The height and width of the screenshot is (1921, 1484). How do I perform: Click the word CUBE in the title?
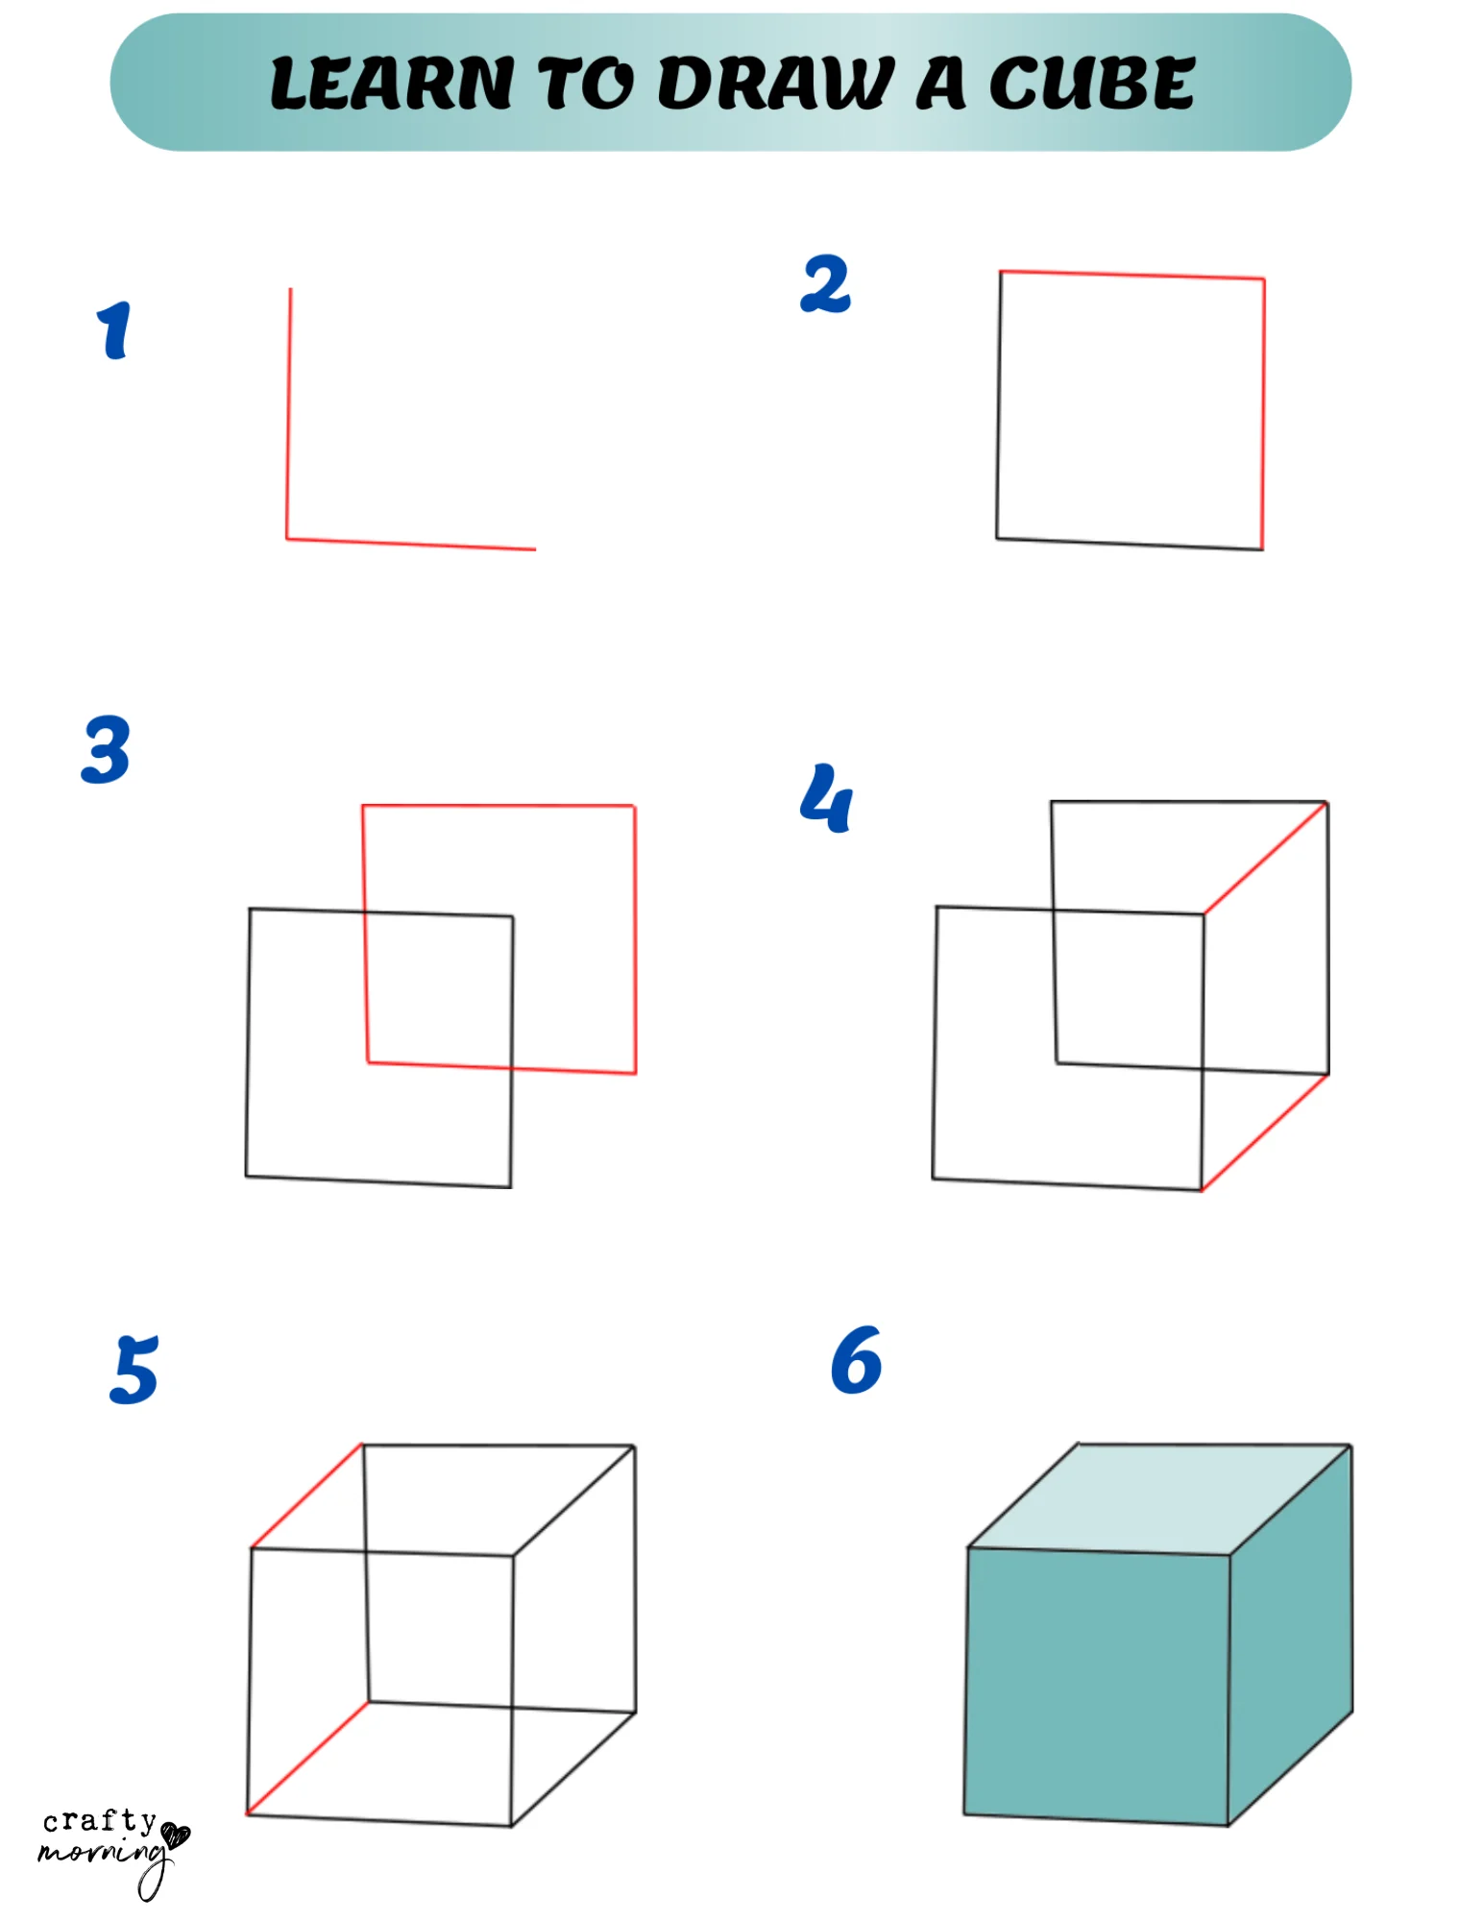pos(1092,84)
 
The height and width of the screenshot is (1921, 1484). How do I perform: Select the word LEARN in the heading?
pos(392,84)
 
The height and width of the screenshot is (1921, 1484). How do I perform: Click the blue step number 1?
pos(114,330)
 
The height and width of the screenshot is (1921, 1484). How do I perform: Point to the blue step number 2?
pos(825,284)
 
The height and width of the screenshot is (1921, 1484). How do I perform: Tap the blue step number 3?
pos(106,749)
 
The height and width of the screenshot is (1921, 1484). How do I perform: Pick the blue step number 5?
pos(134,1370)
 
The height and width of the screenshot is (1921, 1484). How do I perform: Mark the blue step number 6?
pos(856,1360)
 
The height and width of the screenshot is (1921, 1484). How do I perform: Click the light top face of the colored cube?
pos(1157,1498)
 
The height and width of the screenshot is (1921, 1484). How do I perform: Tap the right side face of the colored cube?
pos(1291,1633)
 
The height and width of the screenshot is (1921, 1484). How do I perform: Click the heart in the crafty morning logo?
pos(176,1835)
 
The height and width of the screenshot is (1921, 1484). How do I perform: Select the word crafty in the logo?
pos(99,1820)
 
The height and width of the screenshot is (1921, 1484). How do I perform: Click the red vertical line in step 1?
pos(289,413)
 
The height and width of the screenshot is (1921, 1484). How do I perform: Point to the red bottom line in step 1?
pos(411,545)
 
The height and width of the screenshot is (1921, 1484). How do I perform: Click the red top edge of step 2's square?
pos(1131,276)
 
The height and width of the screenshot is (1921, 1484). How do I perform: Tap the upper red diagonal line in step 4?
pos(1266,858)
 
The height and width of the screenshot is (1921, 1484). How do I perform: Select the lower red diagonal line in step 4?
pos(1265,1132)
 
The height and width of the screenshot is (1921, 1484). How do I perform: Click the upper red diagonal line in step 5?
pos(306,1495)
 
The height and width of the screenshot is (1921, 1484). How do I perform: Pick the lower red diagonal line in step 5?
pos(307,1758)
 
